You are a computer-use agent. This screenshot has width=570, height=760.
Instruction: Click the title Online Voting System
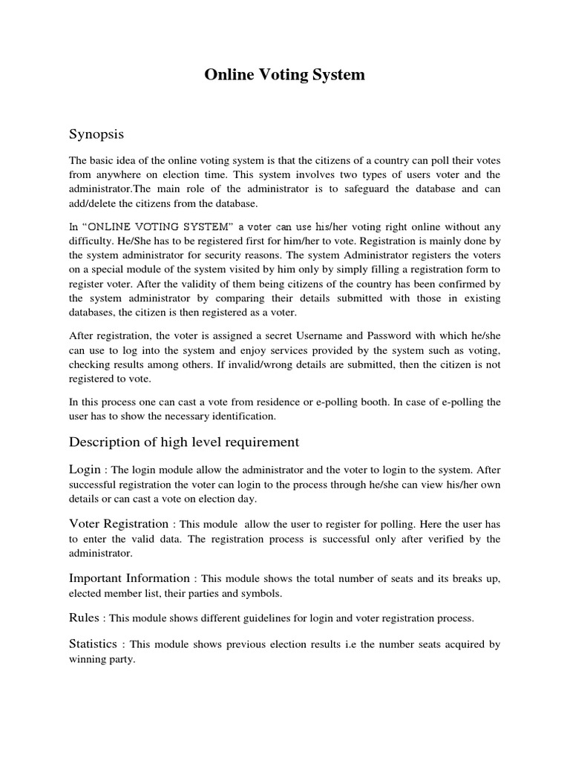285,75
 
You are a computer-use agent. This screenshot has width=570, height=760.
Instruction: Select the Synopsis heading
96,134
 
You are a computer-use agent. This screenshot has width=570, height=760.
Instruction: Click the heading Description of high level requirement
184,442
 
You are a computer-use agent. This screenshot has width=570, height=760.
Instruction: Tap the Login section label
84,469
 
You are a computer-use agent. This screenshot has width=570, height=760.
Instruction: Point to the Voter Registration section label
119,524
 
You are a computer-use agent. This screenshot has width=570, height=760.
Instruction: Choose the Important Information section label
129,578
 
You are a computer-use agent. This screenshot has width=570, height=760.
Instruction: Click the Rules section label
84,617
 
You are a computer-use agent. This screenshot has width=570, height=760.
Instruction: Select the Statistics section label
94,645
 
